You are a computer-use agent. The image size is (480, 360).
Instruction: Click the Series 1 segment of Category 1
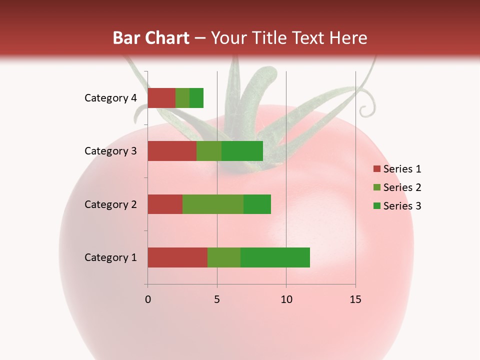click(177, 257)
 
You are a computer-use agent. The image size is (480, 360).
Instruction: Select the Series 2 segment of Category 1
click(224, 257)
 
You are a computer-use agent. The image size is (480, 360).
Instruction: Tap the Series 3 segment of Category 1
click(275, 257)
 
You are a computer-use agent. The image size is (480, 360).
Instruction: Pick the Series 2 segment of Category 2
click(213, 204)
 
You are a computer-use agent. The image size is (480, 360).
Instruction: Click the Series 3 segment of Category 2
click(257, 204)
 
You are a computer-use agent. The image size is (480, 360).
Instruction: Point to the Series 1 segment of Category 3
click(172, 151)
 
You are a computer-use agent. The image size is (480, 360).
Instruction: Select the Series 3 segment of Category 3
click(242, 151)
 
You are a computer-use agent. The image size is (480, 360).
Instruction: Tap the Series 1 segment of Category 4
click(161, 98)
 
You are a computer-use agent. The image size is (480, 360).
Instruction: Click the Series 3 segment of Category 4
click(196, 98)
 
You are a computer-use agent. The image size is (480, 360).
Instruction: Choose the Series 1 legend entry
click(397, 169)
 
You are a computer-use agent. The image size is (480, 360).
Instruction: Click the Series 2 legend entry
click(397, 187)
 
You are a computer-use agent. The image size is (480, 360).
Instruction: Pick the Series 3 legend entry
click(397, 206)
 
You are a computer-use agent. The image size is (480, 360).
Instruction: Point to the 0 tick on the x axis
click(148, 299)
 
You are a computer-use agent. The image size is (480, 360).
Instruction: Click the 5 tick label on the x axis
click(217, 299)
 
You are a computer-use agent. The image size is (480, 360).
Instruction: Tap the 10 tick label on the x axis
click(286, 299)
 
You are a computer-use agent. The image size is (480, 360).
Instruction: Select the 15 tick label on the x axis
click(355, 299)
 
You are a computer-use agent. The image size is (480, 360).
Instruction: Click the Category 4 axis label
click(110, 98)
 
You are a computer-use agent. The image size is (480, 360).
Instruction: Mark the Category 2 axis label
click(110, 204)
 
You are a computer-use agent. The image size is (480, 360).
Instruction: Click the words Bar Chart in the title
click(151, 38)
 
